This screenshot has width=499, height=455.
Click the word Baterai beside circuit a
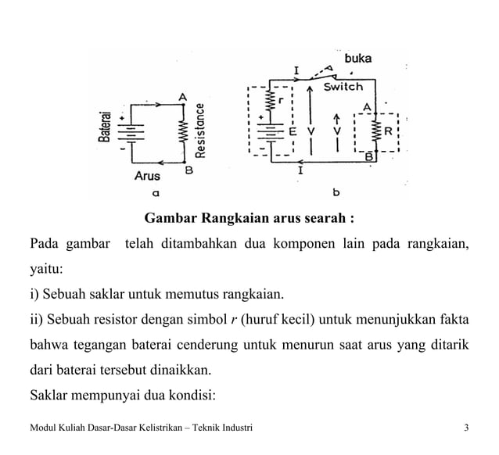click(x=104, y=126)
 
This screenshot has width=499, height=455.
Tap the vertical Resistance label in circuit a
click(x=200, y=131)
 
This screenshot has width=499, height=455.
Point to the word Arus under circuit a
click(x=146, y=176)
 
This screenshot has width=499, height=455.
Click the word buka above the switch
click(x=357, y=58)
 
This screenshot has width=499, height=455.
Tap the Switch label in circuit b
click(x=343, y=87)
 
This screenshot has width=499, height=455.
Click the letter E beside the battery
click(x=293, y=131)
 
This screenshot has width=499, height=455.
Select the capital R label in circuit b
click(x=388, y=131)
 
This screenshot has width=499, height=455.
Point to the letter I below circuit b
click(x=300, y=168)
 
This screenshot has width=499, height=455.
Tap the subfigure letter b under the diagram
click(x=336, y=191)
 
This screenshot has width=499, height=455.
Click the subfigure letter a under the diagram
click(x=156, y=191)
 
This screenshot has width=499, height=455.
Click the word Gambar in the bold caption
click(x=171, y=217)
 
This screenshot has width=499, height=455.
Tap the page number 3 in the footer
click(x=466, y=427)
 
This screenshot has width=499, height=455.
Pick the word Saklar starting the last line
click(x=48, y=393)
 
